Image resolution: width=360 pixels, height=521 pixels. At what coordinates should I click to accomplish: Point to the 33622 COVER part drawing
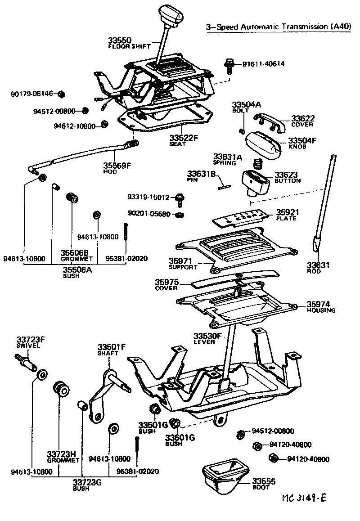[269, 121]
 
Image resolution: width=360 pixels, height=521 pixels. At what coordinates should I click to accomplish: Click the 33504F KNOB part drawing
[263, 143]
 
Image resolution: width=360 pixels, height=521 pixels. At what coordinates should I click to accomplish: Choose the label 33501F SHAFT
[112, 349]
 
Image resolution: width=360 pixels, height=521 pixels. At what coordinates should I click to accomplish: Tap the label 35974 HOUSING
[321, 307]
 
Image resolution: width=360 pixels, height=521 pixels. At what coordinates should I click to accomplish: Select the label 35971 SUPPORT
[183, 263]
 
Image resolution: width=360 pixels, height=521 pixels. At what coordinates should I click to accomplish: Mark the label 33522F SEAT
[184, 140]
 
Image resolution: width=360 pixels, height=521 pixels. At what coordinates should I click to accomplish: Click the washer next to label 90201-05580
[180, 214]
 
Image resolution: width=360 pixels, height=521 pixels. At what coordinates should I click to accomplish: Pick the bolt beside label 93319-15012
[180, 198]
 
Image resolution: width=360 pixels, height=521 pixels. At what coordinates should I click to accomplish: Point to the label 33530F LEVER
[208, 338]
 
